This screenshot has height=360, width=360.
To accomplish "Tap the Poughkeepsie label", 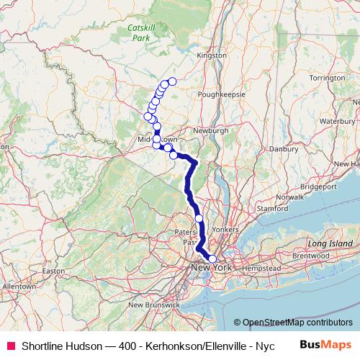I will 225,94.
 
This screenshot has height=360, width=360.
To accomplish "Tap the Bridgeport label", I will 320,185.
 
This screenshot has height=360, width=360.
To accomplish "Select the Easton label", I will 53,271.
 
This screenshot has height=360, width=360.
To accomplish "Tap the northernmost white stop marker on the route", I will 172,81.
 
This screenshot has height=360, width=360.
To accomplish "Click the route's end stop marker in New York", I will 212,259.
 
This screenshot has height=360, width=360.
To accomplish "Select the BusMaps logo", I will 326,344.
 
